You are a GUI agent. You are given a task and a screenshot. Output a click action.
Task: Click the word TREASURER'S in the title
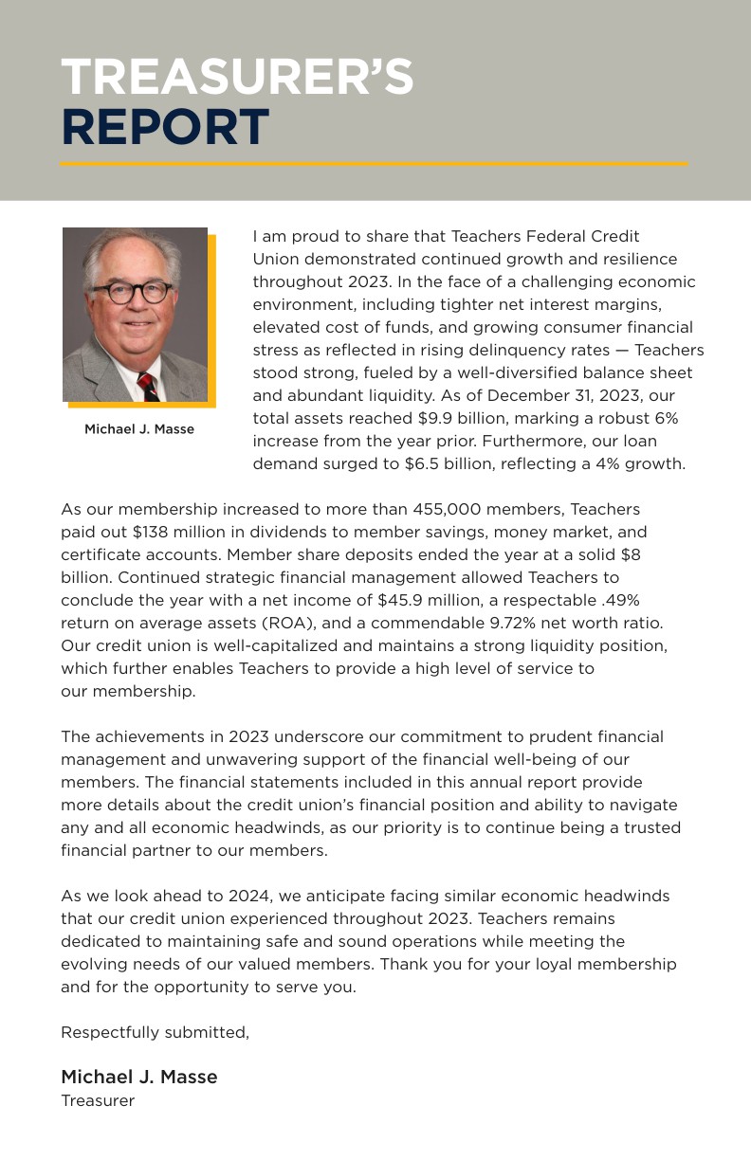tap(237, 77)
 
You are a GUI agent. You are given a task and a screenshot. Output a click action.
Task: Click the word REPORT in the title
tap(165, 128)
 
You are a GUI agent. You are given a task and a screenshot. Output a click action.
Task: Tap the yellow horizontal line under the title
tap(374, 164)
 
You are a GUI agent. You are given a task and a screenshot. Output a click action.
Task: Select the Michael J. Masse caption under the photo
tap(139, 429)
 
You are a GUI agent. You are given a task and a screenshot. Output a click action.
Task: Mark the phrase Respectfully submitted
tap(155, 1032)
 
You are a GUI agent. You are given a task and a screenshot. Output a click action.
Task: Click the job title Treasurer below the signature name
tap(98, 1100)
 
